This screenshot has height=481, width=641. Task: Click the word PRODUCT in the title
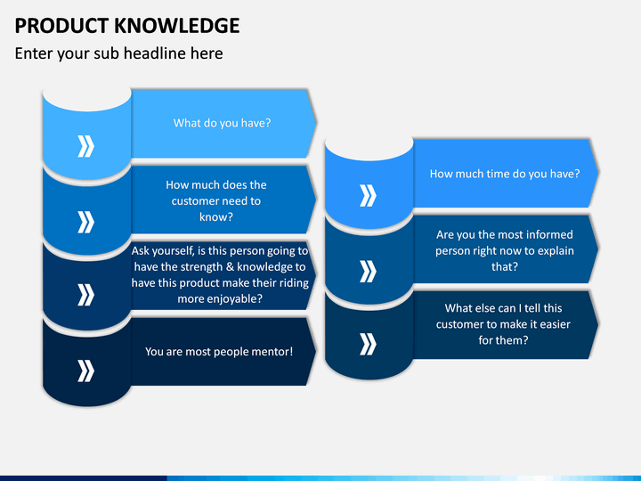click(61, 25)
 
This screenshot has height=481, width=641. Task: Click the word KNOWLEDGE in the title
click(177, 25)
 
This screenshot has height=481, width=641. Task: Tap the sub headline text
click(119, 53)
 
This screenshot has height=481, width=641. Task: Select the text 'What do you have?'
click(222, 123)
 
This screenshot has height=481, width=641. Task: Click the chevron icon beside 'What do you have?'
click(85, 146)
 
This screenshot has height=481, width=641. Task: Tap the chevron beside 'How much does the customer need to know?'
click(85, 222)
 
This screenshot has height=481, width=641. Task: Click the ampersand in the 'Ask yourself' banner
click(230, 266)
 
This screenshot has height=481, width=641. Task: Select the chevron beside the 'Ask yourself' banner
click(85, 295)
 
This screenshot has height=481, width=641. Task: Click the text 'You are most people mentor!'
click(219, 352)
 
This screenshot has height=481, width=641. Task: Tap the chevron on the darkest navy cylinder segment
click(85, 371)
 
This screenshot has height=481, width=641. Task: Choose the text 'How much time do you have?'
click(505, 174)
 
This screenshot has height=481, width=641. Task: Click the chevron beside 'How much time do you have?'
click(368, 195)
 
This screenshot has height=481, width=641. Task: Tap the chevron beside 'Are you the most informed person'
click(368, 271)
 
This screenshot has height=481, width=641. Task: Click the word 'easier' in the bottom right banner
click(556, 324)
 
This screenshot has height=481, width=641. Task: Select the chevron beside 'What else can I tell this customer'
click(368, 344)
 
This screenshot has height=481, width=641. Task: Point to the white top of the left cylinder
click(86, 98)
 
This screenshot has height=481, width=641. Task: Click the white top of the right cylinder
click(369, 147)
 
